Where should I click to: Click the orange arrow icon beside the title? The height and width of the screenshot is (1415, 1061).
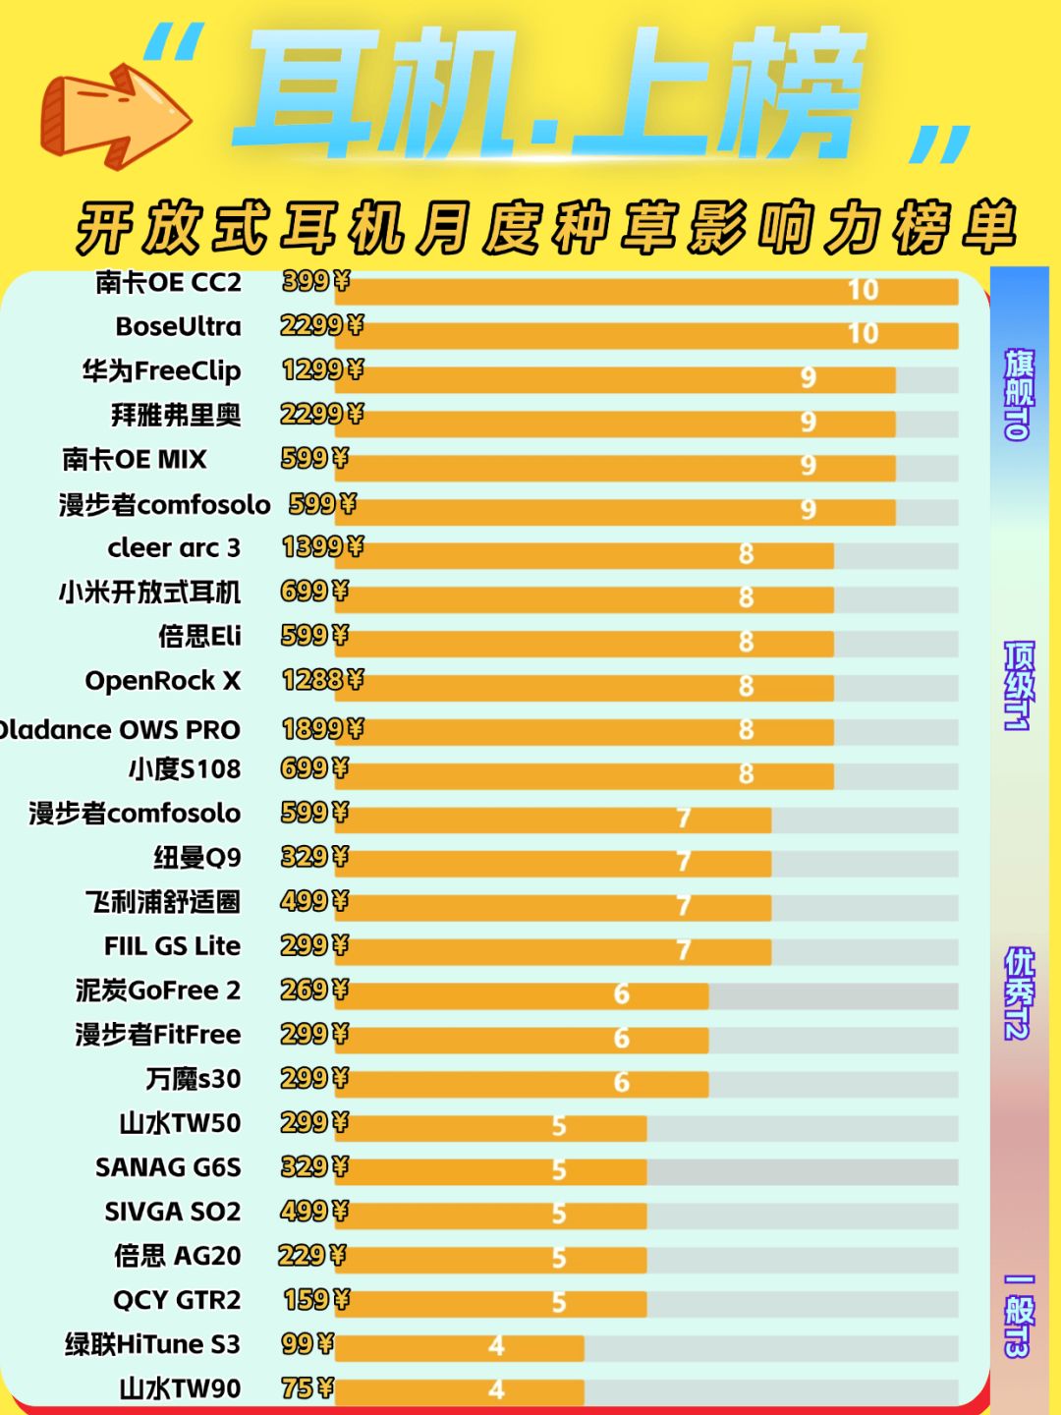point(113,113)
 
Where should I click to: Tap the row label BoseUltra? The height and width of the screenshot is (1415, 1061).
point(178,326)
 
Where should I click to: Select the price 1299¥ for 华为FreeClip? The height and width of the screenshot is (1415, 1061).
point(322,370)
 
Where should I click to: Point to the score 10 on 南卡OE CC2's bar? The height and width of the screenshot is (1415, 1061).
point(863,290)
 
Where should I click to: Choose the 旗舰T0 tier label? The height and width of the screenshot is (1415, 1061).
point(1018,393)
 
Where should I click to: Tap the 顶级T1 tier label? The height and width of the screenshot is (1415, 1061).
point(1018,686)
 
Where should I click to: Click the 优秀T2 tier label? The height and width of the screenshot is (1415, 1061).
point(1018,992)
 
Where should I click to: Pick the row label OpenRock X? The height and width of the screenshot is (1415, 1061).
point(163,681)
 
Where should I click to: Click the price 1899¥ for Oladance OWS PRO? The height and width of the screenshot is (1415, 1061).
point(322,729)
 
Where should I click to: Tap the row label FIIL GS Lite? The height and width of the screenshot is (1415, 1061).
point(172,946)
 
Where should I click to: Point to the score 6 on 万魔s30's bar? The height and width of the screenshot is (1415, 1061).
point(621,1083)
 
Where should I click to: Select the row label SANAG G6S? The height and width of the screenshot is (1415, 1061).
point(168,1167)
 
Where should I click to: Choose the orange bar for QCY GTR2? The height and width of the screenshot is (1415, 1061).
point(491,1304)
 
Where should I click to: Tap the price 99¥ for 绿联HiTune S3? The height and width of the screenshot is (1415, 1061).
point(307,1343)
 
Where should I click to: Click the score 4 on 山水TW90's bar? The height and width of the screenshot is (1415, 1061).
point(496,1389)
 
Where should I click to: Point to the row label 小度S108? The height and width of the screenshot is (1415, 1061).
point(184,769)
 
